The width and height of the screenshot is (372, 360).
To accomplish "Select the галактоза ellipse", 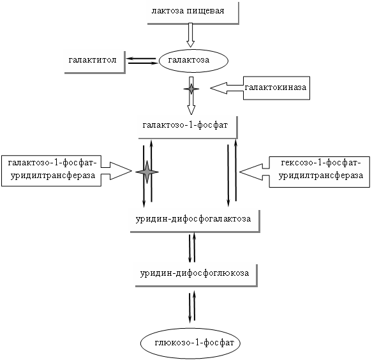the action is [x=193, y=61].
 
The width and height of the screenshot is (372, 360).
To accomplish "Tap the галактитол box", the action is [x=95, y=62].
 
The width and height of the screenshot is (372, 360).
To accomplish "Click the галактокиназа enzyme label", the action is [x=276, y=88].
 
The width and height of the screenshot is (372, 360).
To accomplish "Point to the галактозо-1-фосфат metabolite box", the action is [x=188, y=127].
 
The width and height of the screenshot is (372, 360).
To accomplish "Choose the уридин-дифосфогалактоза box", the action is [x=195, y=221].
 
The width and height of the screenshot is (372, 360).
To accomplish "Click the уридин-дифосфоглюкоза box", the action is [x=197, y=275].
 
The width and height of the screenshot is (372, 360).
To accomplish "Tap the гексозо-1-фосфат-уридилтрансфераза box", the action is [x=319, y=172].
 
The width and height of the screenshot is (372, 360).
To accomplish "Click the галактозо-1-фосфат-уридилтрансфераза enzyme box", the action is [x=51, y=171].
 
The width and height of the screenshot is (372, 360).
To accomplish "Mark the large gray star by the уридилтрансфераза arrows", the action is [x=147, y=172].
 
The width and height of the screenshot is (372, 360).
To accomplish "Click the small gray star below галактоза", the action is [x=191, y=89].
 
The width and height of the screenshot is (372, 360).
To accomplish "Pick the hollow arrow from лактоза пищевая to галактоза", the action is [x=190, y=35].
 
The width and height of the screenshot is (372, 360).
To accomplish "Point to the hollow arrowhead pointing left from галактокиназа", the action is [x=219, y=88].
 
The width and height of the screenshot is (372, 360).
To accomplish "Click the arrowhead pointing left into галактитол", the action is [x=129, y=58].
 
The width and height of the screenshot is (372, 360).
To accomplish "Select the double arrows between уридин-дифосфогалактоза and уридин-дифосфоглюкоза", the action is [x=192, y=248].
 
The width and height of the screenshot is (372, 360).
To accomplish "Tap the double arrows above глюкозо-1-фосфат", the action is [x=192, y=306].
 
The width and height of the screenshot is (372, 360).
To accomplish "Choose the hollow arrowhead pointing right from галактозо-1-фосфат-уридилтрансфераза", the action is [x=121, y=171].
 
